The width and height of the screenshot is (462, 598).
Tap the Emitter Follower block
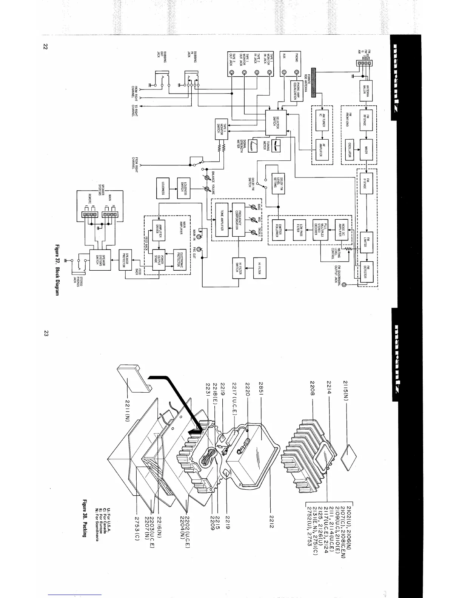pyautogui.click(x=276, y=230)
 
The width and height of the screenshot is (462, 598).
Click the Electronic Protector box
pyautogui.click(x=180, y=260)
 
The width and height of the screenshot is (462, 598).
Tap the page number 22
pyautogui.click(x=46, y=46)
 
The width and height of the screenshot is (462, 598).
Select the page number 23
pyautogui.click(x=46, y=333)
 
